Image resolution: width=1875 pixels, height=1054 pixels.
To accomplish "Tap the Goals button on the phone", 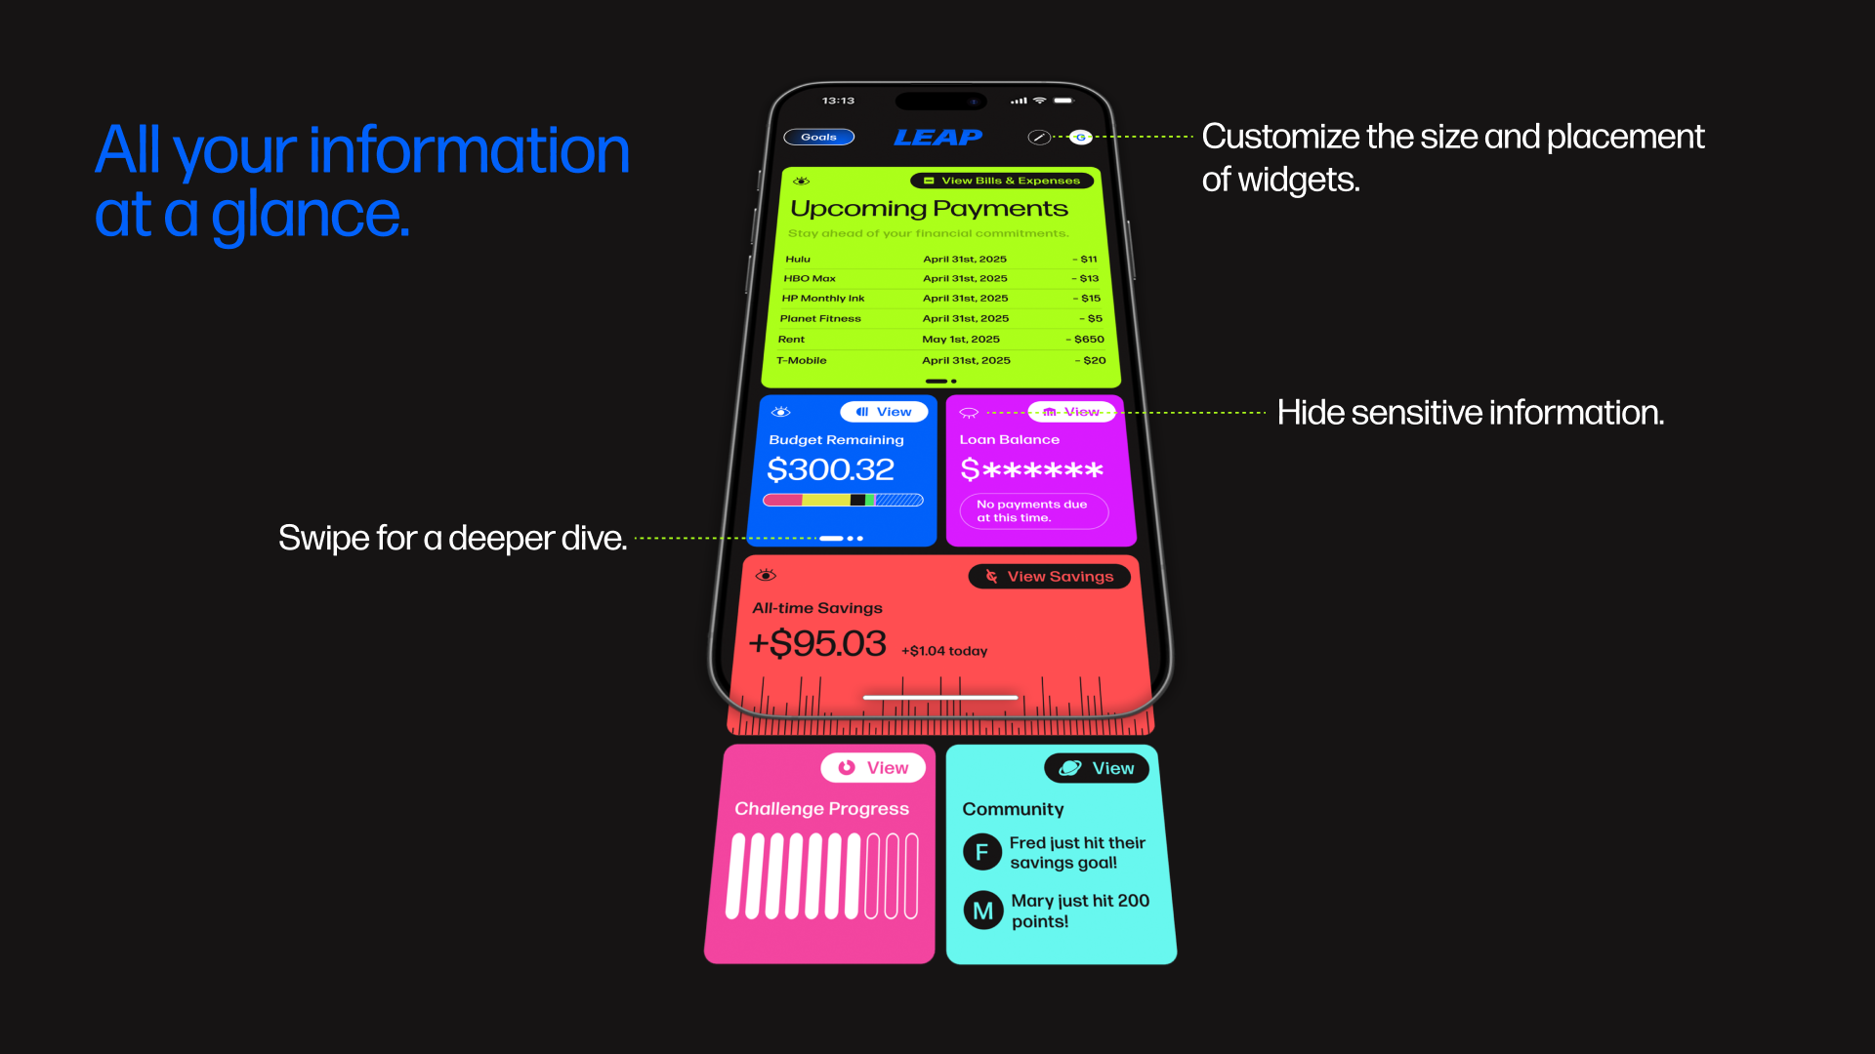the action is click(818, 138).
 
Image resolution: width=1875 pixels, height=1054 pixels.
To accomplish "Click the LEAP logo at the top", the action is click(937, 138).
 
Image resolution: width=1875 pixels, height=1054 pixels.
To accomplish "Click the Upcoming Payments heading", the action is click(929, 209).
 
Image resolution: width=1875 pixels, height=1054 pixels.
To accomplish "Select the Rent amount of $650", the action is click(1088, 340).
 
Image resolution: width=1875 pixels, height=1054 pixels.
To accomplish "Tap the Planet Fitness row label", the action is click(820, 319).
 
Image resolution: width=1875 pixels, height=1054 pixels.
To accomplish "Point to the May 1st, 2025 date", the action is click(961, 340).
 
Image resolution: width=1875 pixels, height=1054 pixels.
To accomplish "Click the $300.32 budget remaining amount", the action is click(830, 470).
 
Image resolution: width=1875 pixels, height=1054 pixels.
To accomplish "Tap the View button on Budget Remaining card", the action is click(884, 412).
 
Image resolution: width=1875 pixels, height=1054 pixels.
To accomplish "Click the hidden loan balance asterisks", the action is click(1032, 470).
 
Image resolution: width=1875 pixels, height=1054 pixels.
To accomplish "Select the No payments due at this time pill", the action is click(1033, 511).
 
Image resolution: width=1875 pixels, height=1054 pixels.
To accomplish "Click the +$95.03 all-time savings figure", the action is click(817, 644).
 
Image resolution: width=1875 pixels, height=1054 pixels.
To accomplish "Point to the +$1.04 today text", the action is click(944, 651).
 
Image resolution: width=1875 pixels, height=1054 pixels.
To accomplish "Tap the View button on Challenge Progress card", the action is click(873, 768).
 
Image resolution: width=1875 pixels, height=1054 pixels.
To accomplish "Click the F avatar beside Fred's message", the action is click(981, 852).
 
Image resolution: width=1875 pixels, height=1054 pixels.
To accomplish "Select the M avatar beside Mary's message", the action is click(983, 911).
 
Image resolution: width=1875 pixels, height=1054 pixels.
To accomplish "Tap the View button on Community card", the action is click(1097, 768).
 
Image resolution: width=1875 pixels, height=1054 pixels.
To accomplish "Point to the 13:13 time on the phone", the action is click(838, 101).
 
